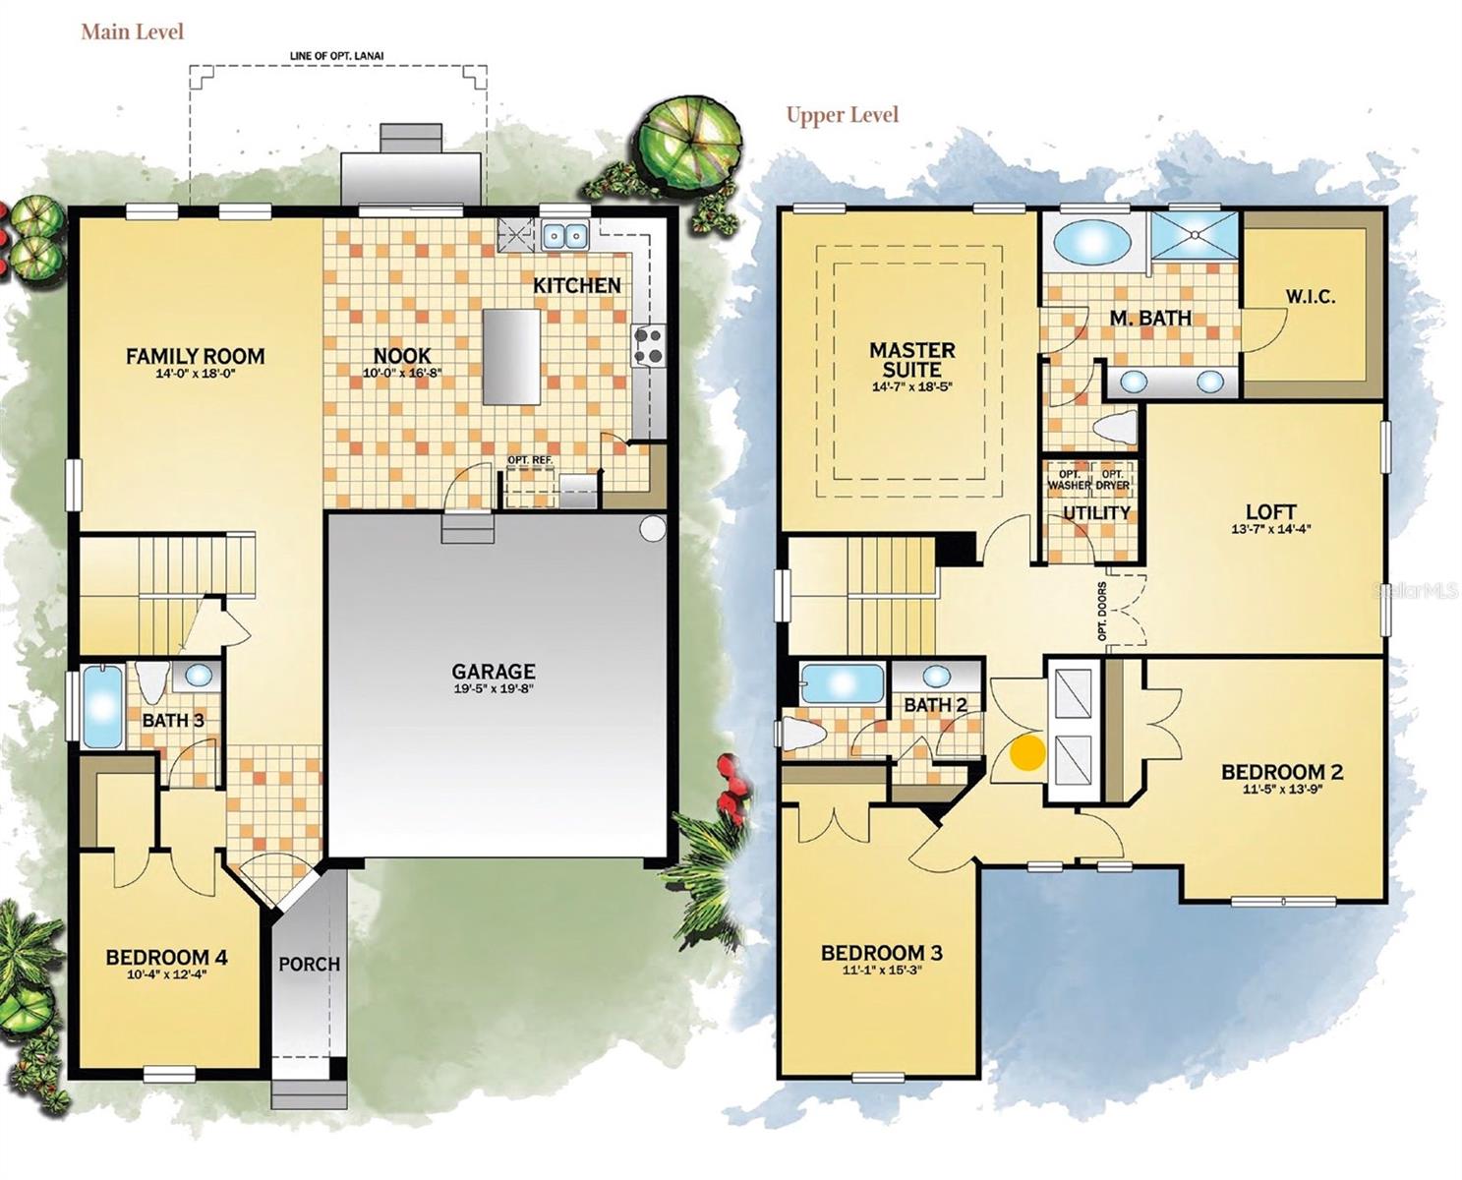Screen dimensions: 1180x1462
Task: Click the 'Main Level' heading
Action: [x=132, y=31]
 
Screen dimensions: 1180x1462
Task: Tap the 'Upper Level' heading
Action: [x=842, y=115]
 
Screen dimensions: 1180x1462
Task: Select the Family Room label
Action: [x=195, y=356]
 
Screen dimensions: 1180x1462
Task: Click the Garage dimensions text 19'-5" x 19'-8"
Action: [x=494, y=689]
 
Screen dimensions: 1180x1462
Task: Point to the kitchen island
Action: [x=511, y=356]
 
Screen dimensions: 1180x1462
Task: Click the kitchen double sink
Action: [x=564, y=236]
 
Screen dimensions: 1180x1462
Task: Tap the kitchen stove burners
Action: [x=648, y=346]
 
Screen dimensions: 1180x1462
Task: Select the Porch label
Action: [x=309, y=964]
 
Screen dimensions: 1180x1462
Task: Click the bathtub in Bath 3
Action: [x=102, y=706]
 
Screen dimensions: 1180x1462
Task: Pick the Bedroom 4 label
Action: [x=166, y=957]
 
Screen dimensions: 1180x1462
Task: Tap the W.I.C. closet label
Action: [x=1310, y=297]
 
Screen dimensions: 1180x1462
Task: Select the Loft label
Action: [x=1270, y=511]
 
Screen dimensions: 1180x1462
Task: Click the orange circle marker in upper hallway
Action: [x=1028, y=752]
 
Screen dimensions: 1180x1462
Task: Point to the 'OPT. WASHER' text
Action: [x=1069, y=480]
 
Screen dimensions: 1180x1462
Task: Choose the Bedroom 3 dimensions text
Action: [x=881, y=971]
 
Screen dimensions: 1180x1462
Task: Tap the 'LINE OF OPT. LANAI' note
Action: [x=337, y=56]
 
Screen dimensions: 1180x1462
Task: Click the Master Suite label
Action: [x=911, y=359]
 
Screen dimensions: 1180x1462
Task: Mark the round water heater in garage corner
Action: [x=652, y=529]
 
